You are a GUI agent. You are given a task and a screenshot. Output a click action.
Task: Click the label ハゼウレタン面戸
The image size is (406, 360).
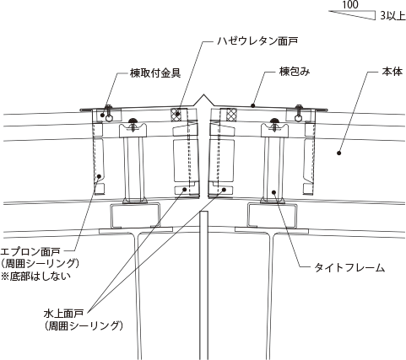click(257, 41)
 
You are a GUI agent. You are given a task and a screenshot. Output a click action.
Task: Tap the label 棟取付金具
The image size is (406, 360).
click(154, 73)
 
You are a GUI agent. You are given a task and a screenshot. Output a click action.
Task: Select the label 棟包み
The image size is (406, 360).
click(295, 72)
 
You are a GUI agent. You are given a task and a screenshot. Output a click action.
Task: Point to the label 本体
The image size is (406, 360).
click(392, 72)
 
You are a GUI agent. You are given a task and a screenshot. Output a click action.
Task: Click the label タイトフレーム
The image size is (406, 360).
click(349, 267)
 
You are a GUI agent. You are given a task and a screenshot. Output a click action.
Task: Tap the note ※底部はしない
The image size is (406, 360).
click(35, 277)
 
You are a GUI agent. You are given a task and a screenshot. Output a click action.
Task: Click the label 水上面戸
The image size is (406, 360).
click(63, 313)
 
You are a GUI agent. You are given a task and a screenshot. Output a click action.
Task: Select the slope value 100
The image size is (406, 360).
click(350, 5)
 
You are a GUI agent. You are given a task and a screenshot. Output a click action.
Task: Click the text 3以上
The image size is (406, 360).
click(392, 16)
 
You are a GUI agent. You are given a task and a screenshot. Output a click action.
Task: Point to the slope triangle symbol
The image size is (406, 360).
click(352, 15)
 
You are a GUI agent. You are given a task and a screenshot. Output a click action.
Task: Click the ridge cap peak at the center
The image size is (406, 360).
click(204, 96)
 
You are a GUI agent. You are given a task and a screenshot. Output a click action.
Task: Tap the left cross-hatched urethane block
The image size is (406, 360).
click(176, 115)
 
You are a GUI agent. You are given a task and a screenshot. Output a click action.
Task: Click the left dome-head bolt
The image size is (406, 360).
click(133, 121)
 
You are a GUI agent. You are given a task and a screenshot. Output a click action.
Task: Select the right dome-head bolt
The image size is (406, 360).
click(274, 121)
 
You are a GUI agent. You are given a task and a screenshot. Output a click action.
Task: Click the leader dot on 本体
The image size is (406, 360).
click(339, 153)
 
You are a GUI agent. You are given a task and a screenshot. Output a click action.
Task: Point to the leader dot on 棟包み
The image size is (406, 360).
click(253, 105)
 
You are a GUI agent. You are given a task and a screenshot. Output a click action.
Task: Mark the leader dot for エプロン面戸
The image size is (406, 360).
click(99, 176)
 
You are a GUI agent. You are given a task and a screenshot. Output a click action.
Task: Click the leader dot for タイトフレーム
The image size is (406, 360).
click(273, 192)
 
